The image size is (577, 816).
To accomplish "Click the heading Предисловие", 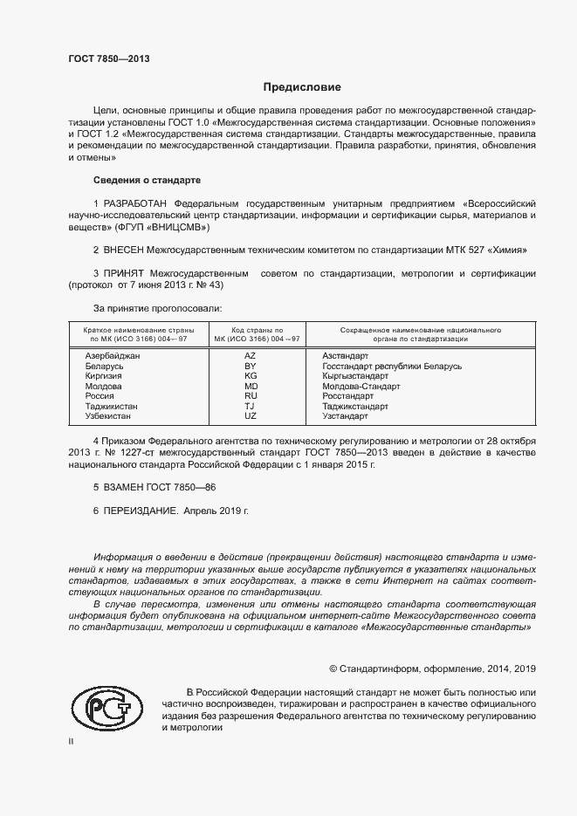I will [302, 87].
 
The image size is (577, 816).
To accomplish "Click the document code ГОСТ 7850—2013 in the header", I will [109, 59].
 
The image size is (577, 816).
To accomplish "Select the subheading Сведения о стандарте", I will [147, 180].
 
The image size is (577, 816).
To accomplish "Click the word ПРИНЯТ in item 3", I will [124, 273].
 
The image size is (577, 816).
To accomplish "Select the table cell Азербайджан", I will [113, 356].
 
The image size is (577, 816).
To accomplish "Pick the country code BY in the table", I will [251, 367].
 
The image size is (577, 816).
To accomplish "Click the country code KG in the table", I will [251, 376].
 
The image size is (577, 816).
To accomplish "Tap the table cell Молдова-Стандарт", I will [361, 386].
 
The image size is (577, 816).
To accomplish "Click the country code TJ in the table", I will [250, 406].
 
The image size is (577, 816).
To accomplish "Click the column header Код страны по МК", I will [251, 334].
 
